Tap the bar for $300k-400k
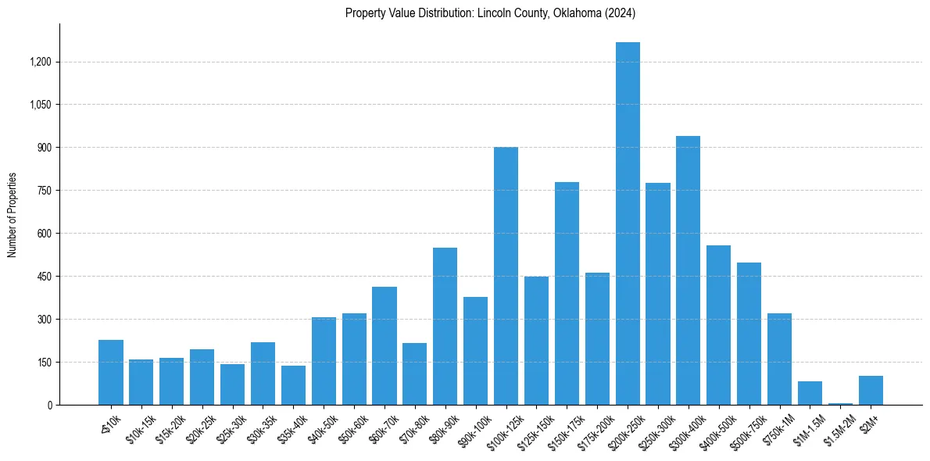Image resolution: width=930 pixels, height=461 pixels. click(689, 270)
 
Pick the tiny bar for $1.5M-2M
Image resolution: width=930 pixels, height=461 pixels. click(840, 403)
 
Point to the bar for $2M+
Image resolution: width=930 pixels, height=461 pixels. click(871, 391)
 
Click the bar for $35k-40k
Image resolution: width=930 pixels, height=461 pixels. click(293, 385)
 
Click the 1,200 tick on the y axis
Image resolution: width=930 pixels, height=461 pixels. click(41, 62)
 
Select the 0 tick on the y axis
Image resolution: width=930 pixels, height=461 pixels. click(49, 405)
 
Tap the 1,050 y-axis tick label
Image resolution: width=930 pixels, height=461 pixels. click(41, 105)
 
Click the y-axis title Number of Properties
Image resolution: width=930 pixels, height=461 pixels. click(12, 215)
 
